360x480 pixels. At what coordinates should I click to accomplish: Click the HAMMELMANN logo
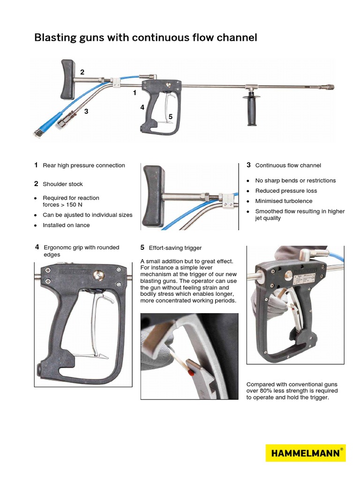click(x=306, y=453)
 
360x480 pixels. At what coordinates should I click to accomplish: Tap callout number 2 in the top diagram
click(x=82, y=72)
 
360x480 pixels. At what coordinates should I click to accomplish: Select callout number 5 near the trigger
click(x=170, y=116)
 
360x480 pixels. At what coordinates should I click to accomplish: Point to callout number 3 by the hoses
click(x=86, y=111)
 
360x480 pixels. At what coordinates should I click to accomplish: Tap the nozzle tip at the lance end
click(x=330, y=87)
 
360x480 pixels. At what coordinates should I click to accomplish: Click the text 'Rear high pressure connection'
click(x=84, y=165)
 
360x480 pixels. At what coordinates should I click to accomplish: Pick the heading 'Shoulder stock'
click(x=63, y=184)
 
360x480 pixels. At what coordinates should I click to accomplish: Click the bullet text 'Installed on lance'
click(x=66, y=225)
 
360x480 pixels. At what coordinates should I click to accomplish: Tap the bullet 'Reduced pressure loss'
click(x=286, y=191)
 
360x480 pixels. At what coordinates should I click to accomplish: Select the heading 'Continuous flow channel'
click(x=288, y=165)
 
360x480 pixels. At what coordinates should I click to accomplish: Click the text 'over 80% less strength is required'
click(x=292, y=391)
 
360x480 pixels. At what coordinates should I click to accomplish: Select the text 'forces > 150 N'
click(x=63, y=204)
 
